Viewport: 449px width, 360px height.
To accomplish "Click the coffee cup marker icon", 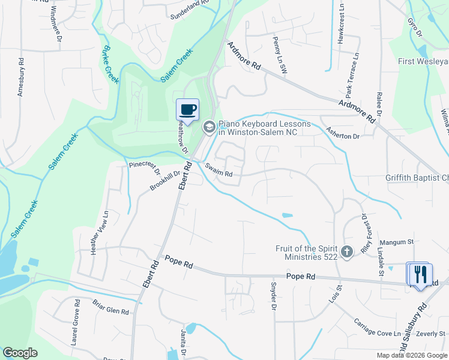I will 188,110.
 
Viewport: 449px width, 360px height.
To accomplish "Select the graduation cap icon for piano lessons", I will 209,127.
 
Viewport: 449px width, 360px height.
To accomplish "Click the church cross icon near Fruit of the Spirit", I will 346,252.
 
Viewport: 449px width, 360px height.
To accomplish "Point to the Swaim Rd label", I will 218,170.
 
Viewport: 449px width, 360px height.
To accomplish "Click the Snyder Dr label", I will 273,296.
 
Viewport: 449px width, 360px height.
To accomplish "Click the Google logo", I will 20,353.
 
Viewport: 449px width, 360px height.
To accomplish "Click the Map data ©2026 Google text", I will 411,355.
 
